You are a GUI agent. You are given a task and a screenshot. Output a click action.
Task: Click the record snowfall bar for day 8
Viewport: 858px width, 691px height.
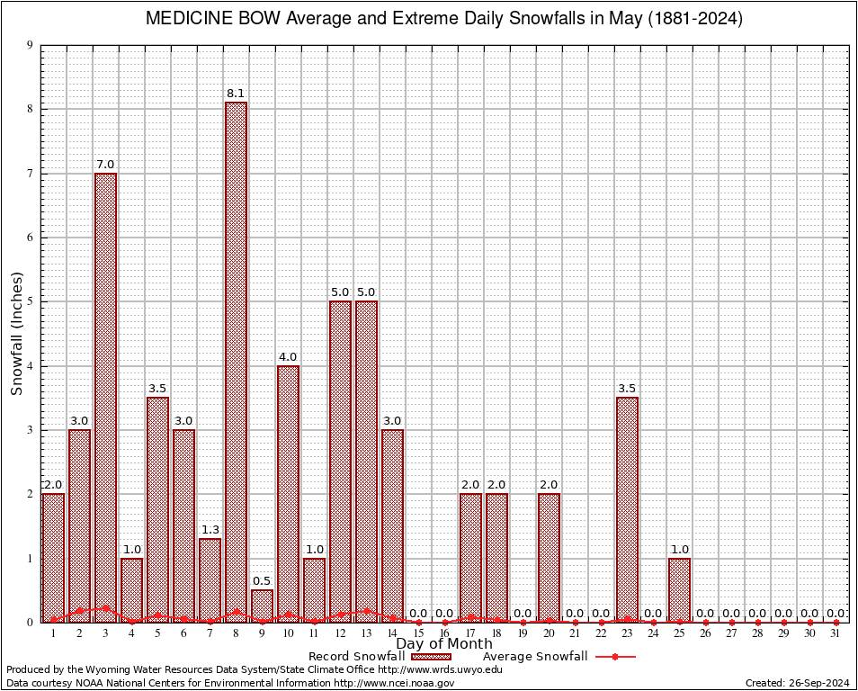pyautogui.click(x=236, y=360)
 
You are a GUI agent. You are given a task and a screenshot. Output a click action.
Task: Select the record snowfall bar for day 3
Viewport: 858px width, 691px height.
pyautogui.click(x=105, y=396)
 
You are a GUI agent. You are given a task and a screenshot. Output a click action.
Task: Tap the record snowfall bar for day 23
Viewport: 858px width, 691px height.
pyautogui.click(x=627, y=508)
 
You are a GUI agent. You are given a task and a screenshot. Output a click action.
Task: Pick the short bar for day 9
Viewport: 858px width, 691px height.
pyautogui.click(x=262, y=606)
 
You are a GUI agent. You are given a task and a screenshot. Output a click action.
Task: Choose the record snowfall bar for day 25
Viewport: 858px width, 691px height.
pyautogui.click(x=679, y=589)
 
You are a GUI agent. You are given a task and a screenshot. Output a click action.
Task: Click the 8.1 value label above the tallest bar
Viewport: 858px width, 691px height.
pyautogui.click(x=236, y=93)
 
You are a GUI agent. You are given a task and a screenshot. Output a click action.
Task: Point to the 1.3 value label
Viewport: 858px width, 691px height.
pyautogui.click(x=210, y=529)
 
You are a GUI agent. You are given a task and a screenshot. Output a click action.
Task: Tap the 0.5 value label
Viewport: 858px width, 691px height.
pyautogui.click(x=262, y=580)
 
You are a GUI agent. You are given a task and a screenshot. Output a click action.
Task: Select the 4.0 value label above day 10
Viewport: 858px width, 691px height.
pyautogui.click(x=288, y=356)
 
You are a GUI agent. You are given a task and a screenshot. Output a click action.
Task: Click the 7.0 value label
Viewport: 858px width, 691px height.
pyautogui.click(x=105, y=164)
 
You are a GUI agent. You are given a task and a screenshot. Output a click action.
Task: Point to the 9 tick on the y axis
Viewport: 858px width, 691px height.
pyautogui.click(x=30, y=45)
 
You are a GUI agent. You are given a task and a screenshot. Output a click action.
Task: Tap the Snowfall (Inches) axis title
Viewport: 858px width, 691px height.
pyautogui.click(x=16, y=333)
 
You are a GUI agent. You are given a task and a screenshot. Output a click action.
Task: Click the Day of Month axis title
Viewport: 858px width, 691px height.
pyautogui.click(x=444, y=644)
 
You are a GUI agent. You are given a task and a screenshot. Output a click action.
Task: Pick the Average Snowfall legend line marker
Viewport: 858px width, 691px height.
pyautogui.click(x=615, y=657)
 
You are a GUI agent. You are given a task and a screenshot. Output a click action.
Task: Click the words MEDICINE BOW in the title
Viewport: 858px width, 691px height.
pyautogui.click(x=212, y=19)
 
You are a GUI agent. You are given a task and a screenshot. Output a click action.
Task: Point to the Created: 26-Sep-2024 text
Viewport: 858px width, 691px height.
pyautogui.click(x=798, y=683)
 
